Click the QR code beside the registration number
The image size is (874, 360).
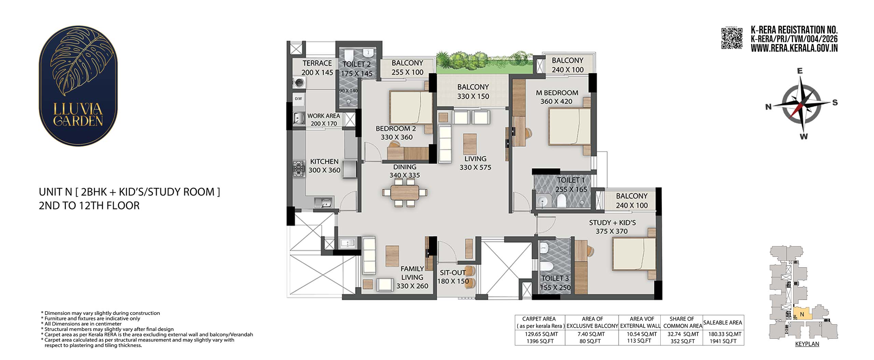[x=732, y=39]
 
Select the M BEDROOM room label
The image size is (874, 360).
[x=557, y=93]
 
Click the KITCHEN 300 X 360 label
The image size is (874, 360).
[x=324, y=166]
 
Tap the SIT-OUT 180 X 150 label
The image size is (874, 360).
[x=453, y=277]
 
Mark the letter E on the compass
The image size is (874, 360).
[x=800, y=71]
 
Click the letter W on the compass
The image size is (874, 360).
[x=804, y=136]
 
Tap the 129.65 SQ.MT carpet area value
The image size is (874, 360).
[x=539, y=334]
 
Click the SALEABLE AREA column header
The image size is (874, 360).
[x=723, y=322]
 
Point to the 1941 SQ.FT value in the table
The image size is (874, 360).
[x=723, y=341]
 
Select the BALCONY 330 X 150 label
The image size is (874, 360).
[x=473, y=92]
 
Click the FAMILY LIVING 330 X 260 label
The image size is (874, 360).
[x=412, y=277]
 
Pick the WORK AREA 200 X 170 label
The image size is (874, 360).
[x=324, y=120]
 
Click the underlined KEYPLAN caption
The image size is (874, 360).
[x=807, y=344]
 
